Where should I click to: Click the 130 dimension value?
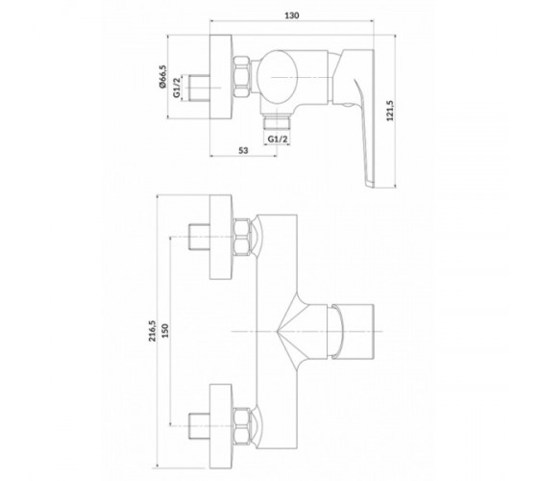292,15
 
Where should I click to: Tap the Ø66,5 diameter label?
162,77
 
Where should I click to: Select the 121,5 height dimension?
390,111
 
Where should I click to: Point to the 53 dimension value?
243,150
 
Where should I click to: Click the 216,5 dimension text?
152,331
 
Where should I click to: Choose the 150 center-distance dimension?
165,331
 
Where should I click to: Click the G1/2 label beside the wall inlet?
177,88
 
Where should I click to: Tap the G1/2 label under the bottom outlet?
278,139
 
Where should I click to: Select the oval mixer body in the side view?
277,78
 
